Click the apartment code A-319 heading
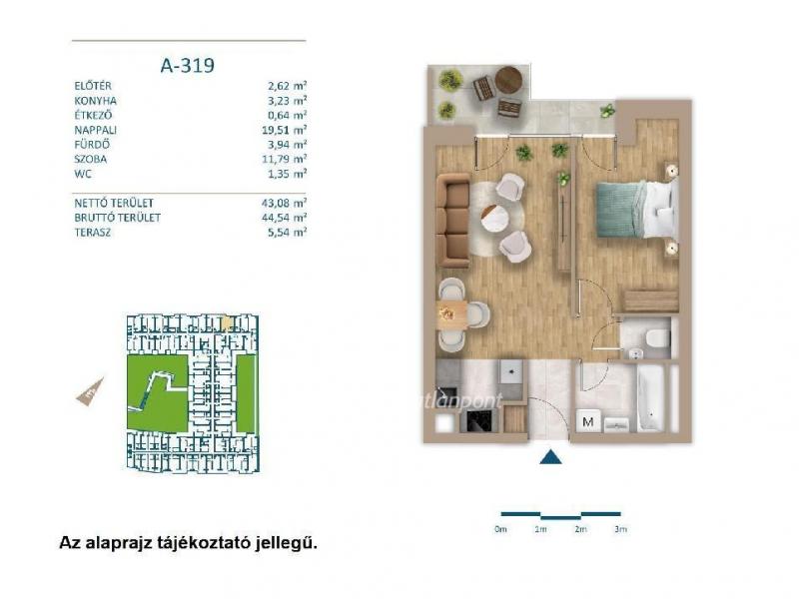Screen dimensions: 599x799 click(x=188, y=66)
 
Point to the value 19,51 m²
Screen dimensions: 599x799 click(x=284, y=129)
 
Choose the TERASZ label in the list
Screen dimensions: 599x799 click(x=93, y=231)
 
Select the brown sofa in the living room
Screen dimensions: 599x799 click(x=455, y=217)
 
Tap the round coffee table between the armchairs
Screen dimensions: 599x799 click(x=497, y=216)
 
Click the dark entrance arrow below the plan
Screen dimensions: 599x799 click(x=550, y=457)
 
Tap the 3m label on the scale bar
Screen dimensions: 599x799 click(x=619, y=529)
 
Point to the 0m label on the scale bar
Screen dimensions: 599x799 click(x=500, y=529)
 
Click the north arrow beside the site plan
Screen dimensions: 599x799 click(x=89, y=391)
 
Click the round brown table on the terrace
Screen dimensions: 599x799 click(x=509, y=78)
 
